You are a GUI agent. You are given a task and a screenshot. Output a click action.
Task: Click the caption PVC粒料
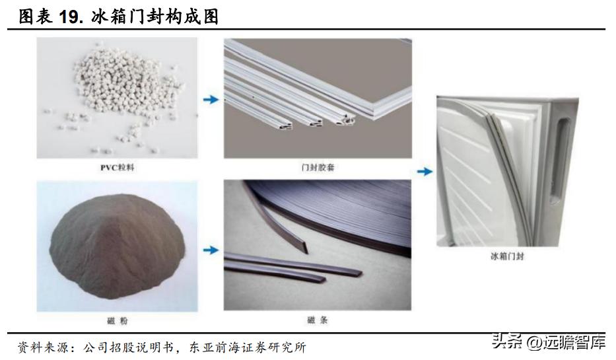[118, 168]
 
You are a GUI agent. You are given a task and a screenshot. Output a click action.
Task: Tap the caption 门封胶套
[318, 168]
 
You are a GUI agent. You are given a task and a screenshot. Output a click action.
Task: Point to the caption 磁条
[318, 320]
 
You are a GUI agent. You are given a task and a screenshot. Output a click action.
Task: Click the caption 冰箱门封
[506, 256]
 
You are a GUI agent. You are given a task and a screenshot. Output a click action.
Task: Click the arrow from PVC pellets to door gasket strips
[210, 100]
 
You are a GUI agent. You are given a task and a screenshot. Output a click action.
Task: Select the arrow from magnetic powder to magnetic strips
[210, 250]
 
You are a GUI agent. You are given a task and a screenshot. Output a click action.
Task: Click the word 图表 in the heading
[35, 17]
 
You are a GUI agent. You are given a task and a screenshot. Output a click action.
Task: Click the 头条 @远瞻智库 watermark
[547, 342]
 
